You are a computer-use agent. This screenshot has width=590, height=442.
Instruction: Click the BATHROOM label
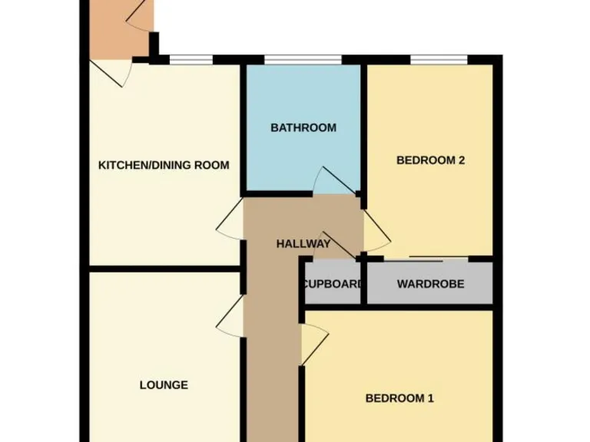click(303, 128)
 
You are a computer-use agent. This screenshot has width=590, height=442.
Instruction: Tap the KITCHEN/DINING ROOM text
click(164, 165)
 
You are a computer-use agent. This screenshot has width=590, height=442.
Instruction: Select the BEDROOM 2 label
click(431, 160)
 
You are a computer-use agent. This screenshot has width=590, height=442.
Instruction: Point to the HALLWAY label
click(303, 244)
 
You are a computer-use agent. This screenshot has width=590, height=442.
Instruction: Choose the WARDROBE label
click(430, 284)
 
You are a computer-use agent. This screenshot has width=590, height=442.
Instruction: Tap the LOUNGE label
click(164, 384)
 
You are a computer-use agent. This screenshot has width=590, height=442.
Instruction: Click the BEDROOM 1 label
click(399, 398)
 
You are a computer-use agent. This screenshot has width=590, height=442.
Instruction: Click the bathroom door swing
click(335, 180)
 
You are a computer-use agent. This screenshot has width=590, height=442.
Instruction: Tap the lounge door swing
click(230, 315)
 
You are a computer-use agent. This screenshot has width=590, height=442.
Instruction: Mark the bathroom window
click(303, 58)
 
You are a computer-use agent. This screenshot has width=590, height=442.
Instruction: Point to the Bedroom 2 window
click(439, 58)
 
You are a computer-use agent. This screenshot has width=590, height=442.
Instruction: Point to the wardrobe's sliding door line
click(437, 256)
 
